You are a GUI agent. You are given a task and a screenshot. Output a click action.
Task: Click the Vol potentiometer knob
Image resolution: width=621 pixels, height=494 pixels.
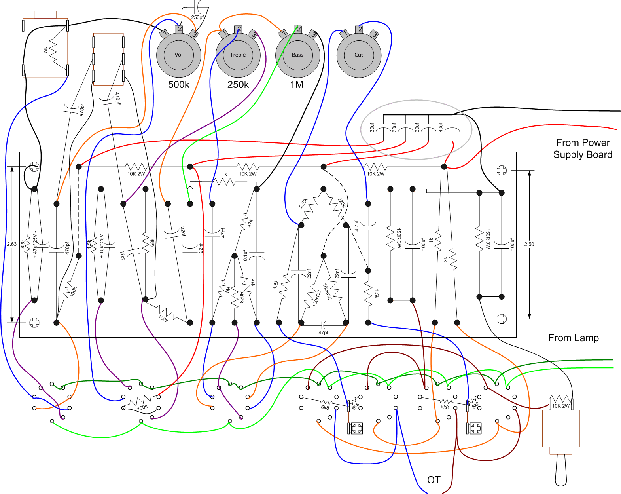coord(179,55)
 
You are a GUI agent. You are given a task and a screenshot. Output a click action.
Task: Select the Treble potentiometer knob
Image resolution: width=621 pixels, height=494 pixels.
coord(238,55)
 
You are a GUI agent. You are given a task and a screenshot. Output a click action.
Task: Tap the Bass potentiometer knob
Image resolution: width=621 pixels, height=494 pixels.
coord(297,55)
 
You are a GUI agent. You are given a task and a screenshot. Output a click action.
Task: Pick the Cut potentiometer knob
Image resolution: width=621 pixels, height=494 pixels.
coord(359,55)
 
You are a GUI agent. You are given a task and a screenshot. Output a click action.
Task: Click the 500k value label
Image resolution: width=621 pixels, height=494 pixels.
coord(179,84)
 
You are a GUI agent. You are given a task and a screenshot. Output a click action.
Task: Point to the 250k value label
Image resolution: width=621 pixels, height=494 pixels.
coord(238,84)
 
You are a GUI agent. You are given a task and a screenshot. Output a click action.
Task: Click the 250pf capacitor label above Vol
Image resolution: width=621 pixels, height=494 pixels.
coord(197,17)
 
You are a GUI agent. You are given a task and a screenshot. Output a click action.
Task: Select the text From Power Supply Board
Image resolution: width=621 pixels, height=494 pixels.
coord(583,148)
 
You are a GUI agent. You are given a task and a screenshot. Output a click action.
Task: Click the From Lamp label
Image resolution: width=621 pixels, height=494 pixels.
coord(574,338)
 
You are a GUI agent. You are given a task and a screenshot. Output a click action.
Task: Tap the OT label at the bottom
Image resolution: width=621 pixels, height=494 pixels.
coord(434,480)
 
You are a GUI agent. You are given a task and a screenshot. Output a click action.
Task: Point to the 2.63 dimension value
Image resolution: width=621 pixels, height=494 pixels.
coord(12,244)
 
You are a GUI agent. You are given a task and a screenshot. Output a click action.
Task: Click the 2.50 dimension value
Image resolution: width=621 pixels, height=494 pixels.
coord(529,244)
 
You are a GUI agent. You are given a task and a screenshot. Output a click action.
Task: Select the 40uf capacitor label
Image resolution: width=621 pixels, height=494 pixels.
coord(440,127)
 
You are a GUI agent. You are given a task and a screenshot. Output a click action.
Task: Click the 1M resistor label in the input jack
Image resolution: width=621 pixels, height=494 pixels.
coord(45,50)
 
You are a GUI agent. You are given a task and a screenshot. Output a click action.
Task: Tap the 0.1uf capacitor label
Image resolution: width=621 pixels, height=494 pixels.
coord(245,255)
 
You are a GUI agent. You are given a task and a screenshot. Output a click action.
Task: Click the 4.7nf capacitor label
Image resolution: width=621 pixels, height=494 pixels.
coord(356,226)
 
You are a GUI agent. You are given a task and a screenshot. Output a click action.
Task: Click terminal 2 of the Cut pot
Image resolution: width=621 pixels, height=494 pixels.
coord(360,29)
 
